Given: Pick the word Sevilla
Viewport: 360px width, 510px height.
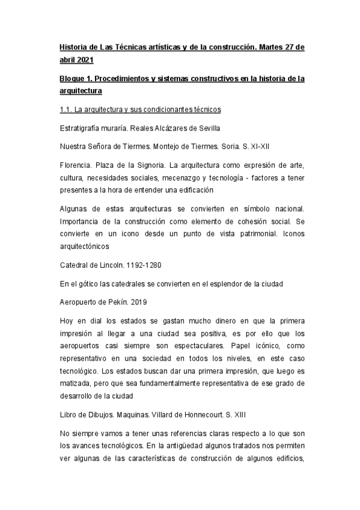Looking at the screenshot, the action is pos(206,128).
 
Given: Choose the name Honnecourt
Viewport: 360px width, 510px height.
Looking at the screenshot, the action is pos(223,414).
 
